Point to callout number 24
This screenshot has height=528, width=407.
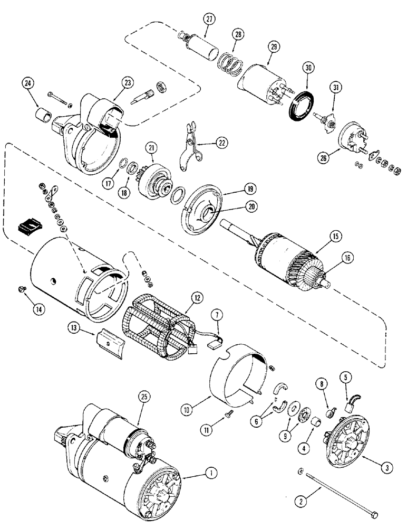click(29, 83)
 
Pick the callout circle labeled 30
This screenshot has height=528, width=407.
click(308, 68)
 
